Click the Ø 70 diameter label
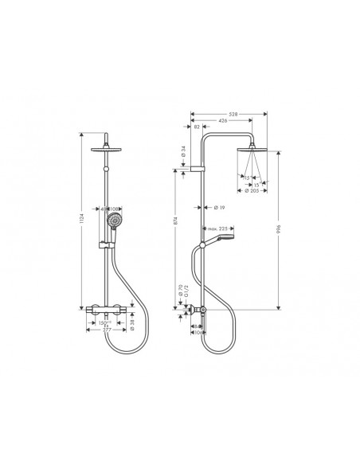tap(181, 293)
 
